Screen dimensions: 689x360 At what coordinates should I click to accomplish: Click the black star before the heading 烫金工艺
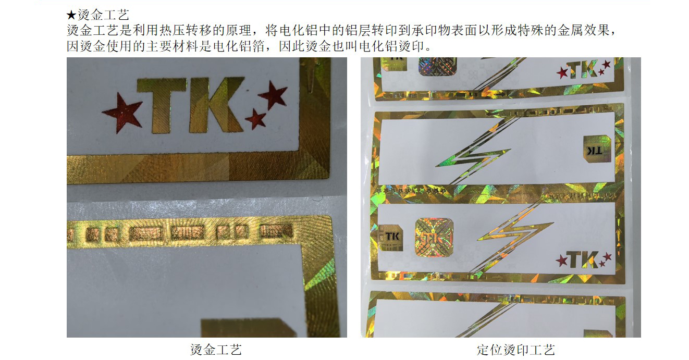pyautogui.click(x=71, y=15)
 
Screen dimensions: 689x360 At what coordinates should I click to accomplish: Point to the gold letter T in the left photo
pyautogui.click(x=162, y=105)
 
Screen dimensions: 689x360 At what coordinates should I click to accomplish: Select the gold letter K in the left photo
pyautogui.click(x=215, y=105)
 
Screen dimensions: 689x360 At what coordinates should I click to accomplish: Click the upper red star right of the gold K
pyautogui.click(x=273, y=94)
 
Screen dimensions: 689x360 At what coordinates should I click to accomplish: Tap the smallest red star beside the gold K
pyautogui.click(x=255, y=119)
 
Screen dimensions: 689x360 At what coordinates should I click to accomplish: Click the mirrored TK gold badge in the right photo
pyautogui.click(x=597, y=149)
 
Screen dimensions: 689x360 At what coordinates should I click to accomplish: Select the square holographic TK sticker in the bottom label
pyautogui.click(x=434, y=238)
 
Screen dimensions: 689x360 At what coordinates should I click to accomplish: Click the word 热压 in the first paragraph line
pyautogui.click(x=166, y=30)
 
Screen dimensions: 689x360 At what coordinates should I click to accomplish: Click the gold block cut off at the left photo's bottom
pyautogui.click(x=248, y=328)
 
